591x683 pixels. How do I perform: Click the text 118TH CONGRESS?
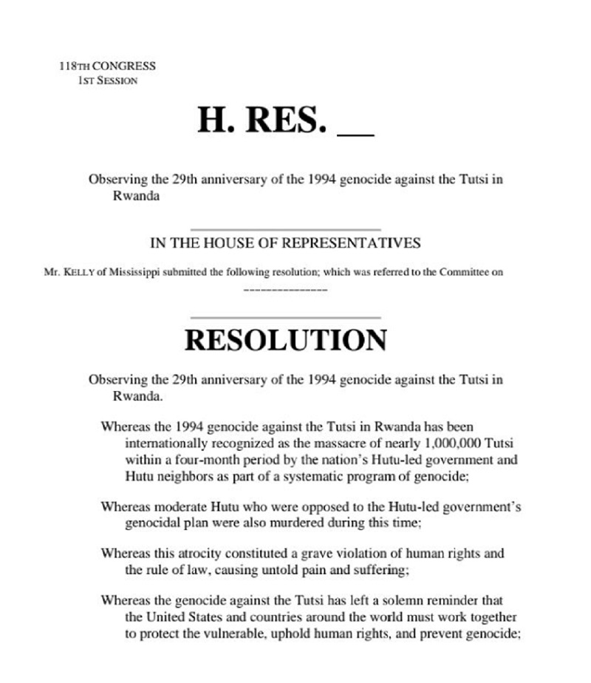(x=107, y=66)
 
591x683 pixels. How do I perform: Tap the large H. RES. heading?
(x=262, y=119)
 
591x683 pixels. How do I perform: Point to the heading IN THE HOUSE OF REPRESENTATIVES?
(x=285, y=242)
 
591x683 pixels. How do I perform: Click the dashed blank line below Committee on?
(x=285, y=289)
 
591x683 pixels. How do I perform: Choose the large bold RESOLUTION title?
(x=285, y=340)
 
